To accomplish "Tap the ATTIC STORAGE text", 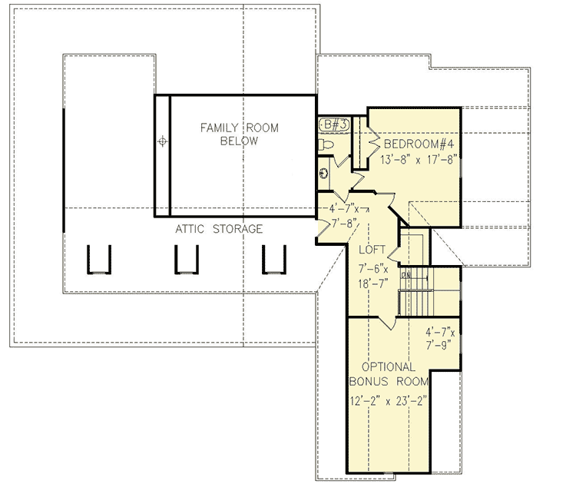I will point(219,229).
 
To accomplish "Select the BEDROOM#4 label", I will point(419,144).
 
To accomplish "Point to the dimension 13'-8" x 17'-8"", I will point(419,161).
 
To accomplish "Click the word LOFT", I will point(372,250).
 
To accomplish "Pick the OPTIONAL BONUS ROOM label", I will point(385,374).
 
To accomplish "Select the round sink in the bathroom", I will point(325,174).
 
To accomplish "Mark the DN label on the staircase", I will point(406,275).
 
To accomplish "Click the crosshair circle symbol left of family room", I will point(162,141).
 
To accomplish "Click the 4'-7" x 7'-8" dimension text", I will point(343,215).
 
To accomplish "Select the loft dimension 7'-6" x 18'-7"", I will point(373,276).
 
